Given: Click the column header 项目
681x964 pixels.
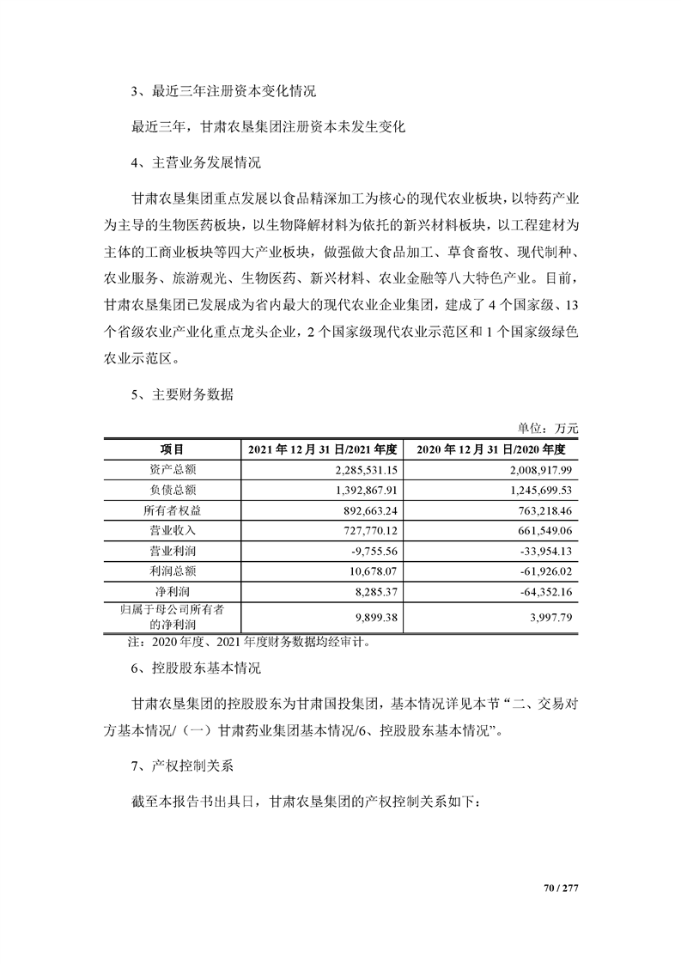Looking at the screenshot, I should [172, 448].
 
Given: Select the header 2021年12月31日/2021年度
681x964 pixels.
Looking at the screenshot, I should [322, 448].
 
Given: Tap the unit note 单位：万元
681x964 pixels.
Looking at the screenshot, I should [548, 428].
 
